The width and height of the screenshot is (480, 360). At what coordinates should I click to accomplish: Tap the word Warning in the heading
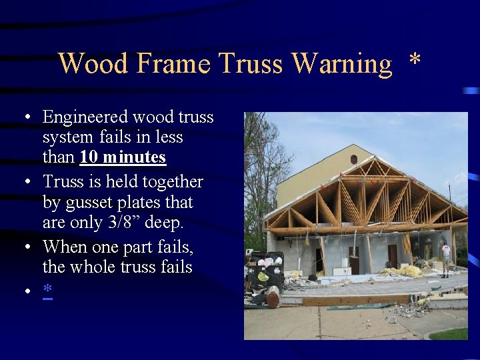click(x=342, y=64)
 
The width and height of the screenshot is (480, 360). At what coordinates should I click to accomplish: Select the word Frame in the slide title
click(x=170, y=64)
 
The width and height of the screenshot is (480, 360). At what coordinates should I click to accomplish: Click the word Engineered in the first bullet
click(x=86, y=118)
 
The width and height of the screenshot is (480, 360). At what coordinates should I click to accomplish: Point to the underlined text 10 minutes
click(x=123, y=158)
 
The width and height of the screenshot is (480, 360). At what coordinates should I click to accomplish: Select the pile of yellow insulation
click(x=408, y=271)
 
